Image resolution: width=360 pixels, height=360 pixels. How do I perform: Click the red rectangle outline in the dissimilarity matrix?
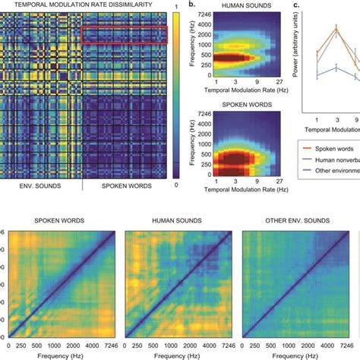pyautogui.click(x=124, y=34)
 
